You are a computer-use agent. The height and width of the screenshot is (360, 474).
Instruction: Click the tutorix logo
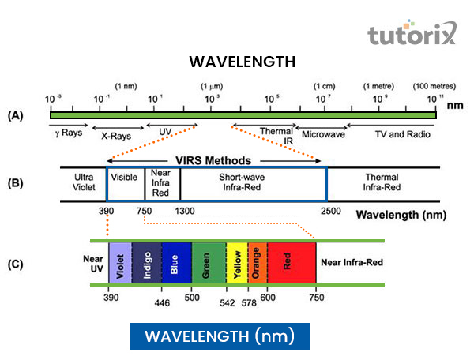(411, 36)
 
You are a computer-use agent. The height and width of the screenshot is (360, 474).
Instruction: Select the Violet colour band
(120, 262)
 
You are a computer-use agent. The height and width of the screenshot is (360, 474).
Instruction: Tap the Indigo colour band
(146, 262)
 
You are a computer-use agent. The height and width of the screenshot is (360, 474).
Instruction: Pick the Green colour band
(208, 262)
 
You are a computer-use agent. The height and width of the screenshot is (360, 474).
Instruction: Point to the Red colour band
(292, 262)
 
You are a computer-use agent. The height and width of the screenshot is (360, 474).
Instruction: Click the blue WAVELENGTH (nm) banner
(219, 336)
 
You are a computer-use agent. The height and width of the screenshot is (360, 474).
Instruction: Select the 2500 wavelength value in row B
(331, 211)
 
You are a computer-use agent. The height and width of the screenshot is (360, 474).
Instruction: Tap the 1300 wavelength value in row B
(185, 211)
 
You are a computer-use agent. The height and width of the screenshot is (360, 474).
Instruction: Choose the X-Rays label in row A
(115, 136)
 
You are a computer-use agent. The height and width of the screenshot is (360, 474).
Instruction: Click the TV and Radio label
(402, 134)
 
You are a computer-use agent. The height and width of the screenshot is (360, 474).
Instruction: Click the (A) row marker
(15, 115)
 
